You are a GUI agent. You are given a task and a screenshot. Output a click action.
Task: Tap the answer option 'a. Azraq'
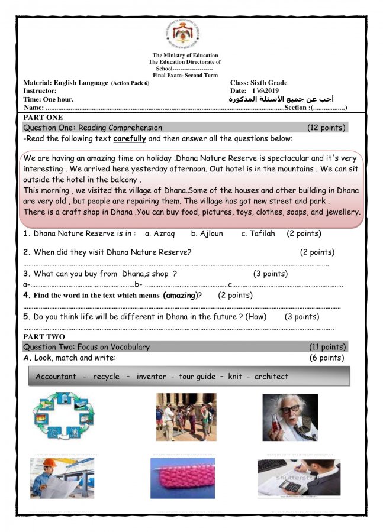(160, 233)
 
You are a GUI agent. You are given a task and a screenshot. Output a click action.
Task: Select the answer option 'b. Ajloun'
(207, 233)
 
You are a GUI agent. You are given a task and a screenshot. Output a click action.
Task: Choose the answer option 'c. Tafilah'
(258, 233)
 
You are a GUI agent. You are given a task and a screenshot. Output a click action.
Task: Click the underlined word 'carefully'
(129, 139)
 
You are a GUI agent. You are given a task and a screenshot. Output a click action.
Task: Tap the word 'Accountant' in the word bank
(56, 377)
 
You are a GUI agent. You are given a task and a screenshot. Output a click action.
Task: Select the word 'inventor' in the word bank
(151, 377)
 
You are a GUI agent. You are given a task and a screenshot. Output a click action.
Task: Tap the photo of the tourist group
(186, 417)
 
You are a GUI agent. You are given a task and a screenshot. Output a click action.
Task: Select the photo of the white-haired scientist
(290, 417)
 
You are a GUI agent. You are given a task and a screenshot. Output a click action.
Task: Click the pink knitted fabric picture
(182, 478)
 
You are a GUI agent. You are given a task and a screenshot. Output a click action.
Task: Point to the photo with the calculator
(298, 478)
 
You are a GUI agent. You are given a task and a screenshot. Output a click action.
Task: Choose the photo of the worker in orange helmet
(62, 478)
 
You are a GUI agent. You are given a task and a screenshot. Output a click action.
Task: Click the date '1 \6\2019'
(265, 91)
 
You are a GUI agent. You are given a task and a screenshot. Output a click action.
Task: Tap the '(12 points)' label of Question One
(326, 128)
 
